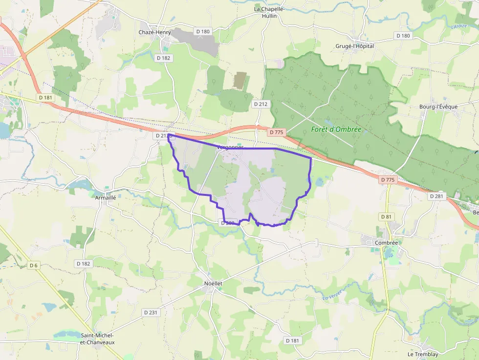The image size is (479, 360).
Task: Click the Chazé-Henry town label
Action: tap(154, 32)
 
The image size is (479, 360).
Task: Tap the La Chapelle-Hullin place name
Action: tap(265, 12)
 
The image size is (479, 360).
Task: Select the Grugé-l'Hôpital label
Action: tap(354, 46)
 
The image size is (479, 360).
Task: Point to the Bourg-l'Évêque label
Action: tap(438, 106)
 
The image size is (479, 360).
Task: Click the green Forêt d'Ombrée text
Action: tap(336, 129)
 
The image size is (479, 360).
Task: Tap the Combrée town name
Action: tap(386, 242)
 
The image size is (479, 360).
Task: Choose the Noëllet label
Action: tap(213, 283)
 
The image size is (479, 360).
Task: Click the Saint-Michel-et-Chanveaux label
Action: tap(98, 339)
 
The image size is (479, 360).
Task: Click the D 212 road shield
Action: tap(261, 104)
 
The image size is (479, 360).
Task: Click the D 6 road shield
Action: tap(33, 265)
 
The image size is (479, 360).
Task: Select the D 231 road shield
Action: tap(151, 312)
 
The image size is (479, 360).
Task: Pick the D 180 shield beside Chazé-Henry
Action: tap(203, 32)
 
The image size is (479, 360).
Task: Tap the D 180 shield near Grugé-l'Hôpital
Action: tap(403, 36)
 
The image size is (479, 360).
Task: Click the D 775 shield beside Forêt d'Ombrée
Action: tap(276, 132)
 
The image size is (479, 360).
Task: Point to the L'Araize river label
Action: tap(459, 26)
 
